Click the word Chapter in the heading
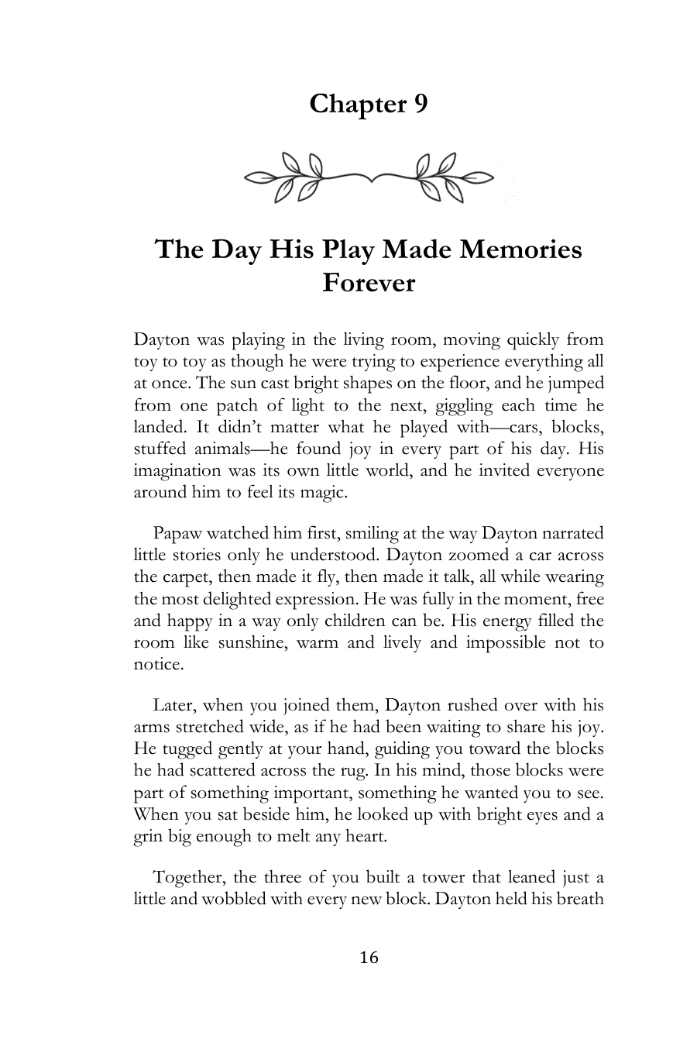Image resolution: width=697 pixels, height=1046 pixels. point(352,104)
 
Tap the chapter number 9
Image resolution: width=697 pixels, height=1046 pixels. point(420,104)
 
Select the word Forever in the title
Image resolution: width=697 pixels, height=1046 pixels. point(369,283)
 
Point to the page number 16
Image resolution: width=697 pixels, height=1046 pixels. point(369,958)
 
